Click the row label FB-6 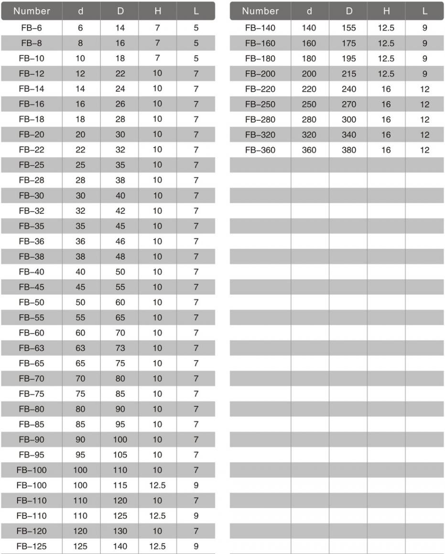point(32,28)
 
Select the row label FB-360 point(260,150)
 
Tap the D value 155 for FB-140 point(349,28)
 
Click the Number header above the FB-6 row point(32,11)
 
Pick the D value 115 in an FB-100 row point(120,485)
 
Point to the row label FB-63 point(32,348)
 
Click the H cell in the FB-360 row point(386,150)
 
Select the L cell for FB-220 point(425,89)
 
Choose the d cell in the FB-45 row point(80,287)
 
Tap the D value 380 point(349,150)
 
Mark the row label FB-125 point(32,546)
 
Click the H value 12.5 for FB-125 point(157,546)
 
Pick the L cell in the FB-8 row point(196,43)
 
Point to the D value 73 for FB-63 point(120,348)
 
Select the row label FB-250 point(260,104)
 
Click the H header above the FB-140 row point(386,11)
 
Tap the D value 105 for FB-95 point(120,455)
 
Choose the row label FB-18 point(32,119)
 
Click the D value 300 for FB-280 point(349,119)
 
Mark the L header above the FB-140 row point(425,11)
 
